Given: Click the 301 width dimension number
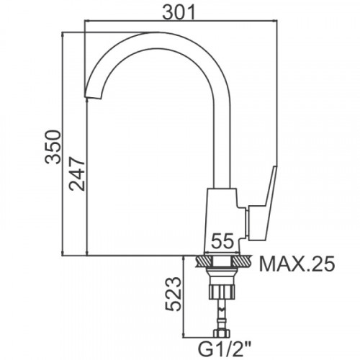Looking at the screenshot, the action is tap(179, 12).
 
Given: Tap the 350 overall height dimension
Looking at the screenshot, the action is tap(53, 147).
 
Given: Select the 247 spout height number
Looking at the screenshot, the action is tap(77, 174).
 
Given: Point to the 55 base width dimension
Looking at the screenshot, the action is tap(222, 240).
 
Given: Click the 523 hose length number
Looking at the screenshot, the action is tap(173, 294).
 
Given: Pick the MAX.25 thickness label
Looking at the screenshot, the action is tap(297, 264).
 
